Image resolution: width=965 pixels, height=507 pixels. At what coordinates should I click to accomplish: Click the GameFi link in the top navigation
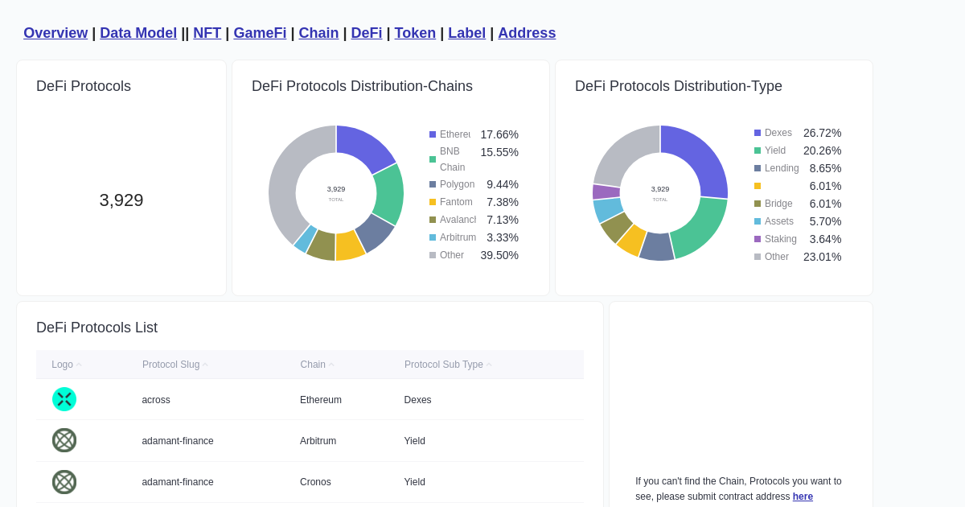(260, 33)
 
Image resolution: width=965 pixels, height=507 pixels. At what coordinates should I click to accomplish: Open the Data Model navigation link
(138, 33)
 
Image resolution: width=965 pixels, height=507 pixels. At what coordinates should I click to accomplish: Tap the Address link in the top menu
(527, 33)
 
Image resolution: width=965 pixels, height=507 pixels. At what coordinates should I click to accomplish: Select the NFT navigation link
(207, 33)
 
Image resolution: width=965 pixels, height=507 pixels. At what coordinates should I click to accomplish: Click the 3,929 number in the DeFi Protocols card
(121, 200)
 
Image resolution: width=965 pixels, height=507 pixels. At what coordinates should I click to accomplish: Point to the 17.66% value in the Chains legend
(499, 134)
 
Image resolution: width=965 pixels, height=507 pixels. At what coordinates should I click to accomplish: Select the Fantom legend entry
(457, 202)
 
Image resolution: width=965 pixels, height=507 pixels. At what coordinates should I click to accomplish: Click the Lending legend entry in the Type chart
(781, 168)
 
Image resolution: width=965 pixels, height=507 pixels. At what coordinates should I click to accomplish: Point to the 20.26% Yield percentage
(822, 150)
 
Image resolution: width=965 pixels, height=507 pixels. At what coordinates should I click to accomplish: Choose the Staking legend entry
(780, 239)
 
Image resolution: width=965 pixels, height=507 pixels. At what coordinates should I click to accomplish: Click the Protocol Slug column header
(171, 365)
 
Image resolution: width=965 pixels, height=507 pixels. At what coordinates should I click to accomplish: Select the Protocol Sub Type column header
(444, 365)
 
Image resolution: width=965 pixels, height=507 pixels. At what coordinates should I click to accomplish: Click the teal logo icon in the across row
(64, 399)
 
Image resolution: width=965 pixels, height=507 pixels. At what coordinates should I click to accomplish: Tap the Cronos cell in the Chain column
(315, 482)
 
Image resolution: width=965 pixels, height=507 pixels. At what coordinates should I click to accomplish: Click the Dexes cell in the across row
(417, 400)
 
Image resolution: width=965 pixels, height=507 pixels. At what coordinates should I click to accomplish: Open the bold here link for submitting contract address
(803, 497)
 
